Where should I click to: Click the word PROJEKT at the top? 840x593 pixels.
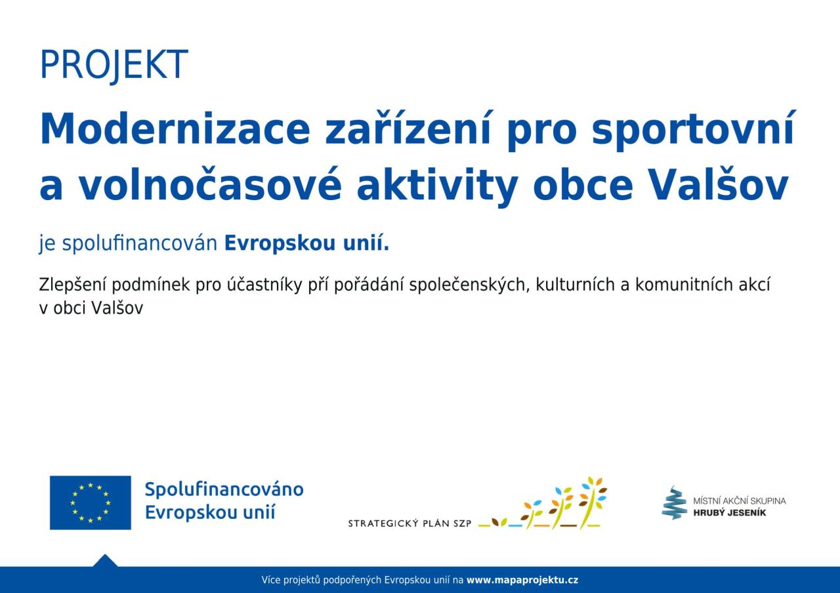pos(114,65)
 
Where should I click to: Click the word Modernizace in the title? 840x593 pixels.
pos(175,128)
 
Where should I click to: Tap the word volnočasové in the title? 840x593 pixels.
pos(209,184)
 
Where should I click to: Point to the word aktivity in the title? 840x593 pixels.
pos(437,186)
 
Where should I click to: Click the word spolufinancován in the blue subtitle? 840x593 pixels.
pos(140,243)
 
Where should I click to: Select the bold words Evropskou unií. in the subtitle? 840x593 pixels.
pos(306,243)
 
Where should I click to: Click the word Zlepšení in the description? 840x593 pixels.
pos(73,285)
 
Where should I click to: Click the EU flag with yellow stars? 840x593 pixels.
pos(91,502)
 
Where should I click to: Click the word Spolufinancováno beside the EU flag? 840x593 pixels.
pos(224,490)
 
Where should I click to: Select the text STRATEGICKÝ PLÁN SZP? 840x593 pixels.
pos(409,523)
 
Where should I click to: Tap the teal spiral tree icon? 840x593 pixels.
pos(674,502)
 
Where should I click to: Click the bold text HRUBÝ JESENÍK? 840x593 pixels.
pos(729,513)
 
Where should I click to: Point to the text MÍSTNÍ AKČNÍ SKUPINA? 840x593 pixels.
pos(740,501)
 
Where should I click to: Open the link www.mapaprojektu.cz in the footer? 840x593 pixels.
pos(522,581)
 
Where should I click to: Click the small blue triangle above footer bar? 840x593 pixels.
pos(105,561)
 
